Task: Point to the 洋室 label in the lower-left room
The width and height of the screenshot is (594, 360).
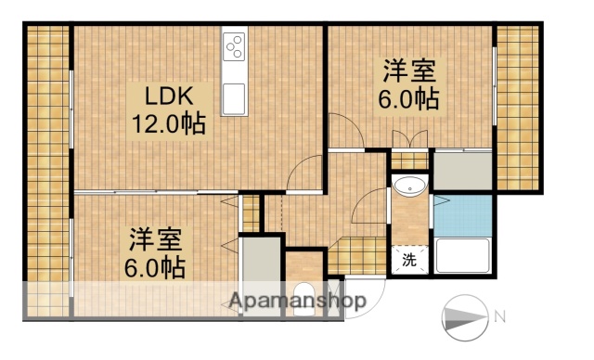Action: click(x=155, y=239)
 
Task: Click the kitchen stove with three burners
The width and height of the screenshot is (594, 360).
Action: click(x=234, y=45)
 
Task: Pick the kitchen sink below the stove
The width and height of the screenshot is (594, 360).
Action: click(x=234, y=95)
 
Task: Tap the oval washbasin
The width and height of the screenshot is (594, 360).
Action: click(x=408, y=187)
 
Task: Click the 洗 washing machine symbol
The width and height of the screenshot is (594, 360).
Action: click(x=409, y=261)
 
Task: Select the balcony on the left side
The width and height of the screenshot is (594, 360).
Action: click(x=46, y=167)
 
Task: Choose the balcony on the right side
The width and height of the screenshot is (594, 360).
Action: click(x=517, y=107)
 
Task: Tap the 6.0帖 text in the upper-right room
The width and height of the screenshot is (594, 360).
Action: click(x=408, y=99)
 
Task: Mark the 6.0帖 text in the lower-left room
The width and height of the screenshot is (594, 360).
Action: click(x=155, y=267)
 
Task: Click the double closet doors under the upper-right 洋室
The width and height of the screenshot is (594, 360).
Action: click(x=409, y=142)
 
